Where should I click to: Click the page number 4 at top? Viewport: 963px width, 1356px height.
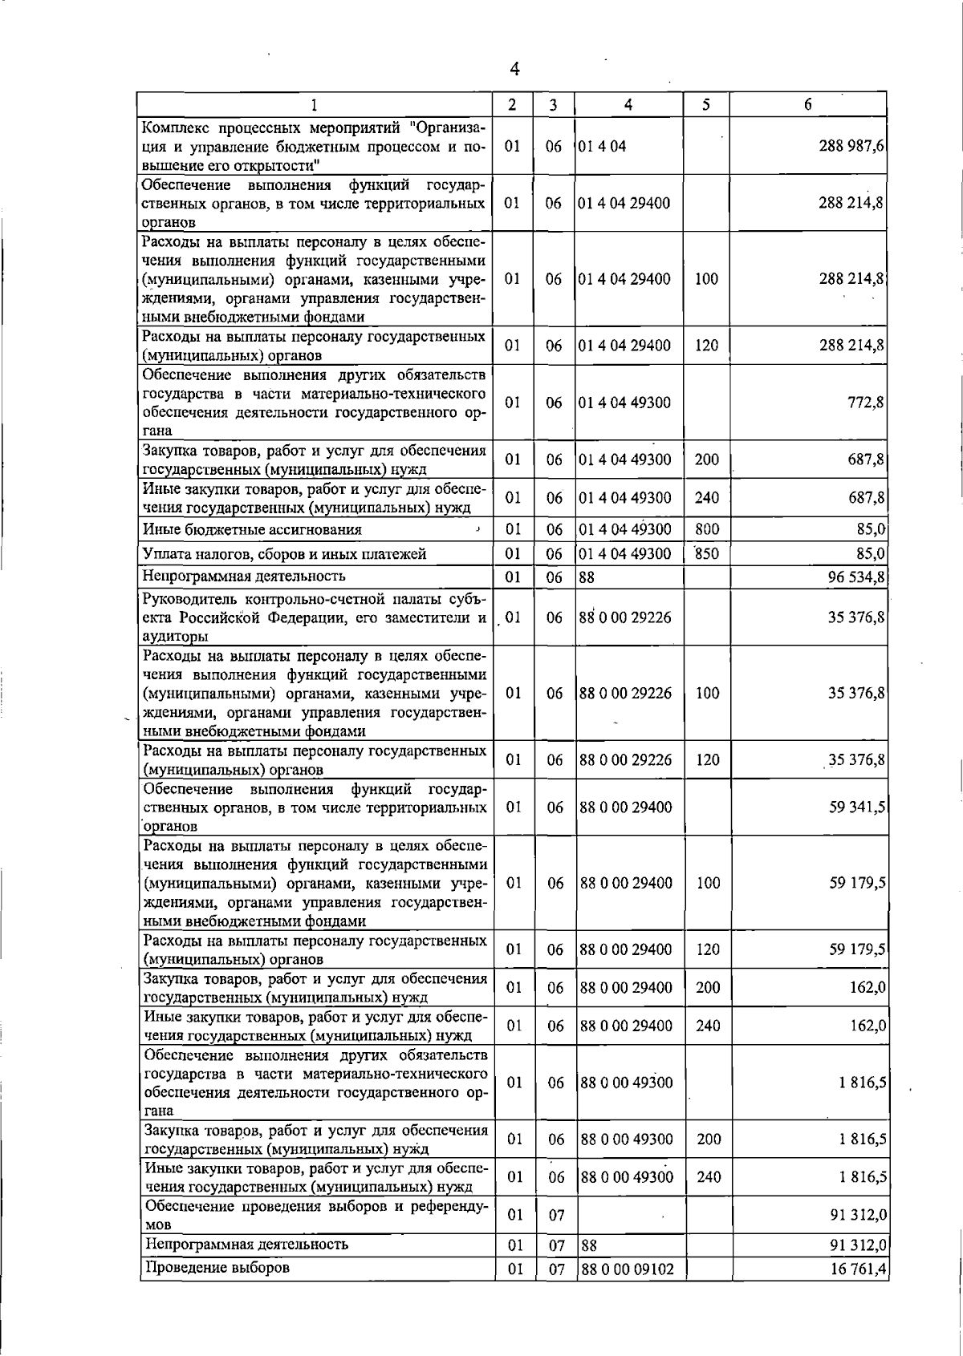[x=514, y=70]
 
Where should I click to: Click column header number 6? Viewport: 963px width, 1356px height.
[x=807, y=104]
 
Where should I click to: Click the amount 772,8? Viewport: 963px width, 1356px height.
[x=866, y=403]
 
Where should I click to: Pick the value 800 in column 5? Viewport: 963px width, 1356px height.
[x=706, y=529]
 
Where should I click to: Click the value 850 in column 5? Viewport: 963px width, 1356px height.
[x=706, y=553]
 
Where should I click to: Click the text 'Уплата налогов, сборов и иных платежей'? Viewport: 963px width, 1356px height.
[x=284, y=553]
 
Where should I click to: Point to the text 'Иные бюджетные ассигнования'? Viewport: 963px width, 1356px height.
[x=252, y=529]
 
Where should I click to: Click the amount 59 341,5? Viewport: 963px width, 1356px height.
[x=857, y=807]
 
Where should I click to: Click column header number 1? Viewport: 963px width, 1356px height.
[x=314, y=105]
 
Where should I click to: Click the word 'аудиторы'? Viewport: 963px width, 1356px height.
[x=175, y=636]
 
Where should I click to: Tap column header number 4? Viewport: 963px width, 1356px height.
[x=628, y=104]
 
